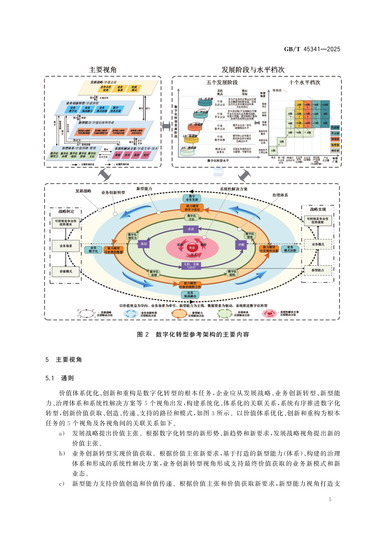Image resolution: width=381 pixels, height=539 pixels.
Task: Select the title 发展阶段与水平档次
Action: (x=253, y=70)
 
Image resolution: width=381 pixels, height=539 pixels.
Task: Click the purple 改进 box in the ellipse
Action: (x=190, y=229)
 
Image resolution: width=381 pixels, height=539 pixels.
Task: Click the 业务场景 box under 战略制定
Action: (x=66, y=245)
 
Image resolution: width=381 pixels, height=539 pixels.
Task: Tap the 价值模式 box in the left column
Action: (x=66, y=271)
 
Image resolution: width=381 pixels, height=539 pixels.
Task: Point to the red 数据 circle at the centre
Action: (x=191, y=247)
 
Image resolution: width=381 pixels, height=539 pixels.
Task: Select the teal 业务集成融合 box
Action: (x=190, y=294)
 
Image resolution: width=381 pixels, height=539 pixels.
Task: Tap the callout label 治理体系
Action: (x=280, y=196)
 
